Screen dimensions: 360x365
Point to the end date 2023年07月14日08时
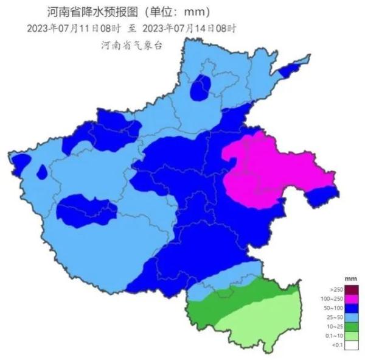point(189,28)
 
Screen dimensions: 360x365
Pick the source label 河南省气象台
point(133,45)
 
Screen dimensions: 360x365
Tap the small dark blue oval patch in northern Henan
point(200,88)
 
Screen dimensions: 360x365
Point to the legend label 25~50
point(336,317)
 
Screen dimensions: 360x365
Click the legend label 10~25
point(336,326)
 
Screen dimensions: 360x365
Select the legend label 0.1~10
point(336,336)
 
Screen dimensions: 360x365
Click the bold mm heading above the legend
point(351,279)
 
